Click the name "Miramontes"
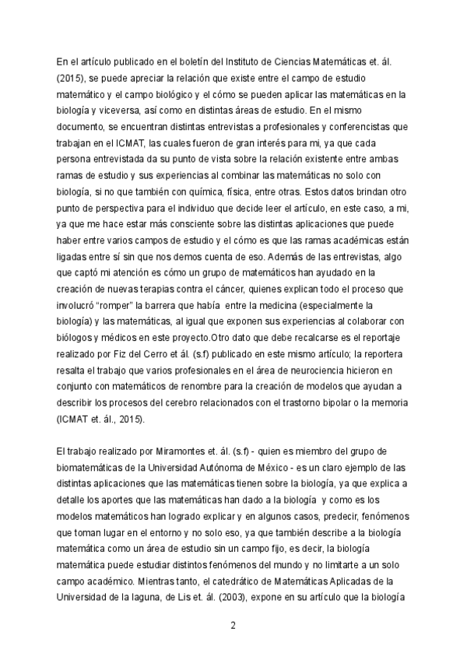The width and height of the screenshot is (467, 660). pyautogui.click(x=169, y=451)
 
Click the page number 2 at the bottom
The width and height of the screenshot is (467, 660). pyautogui.click(x=233, y=626)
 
